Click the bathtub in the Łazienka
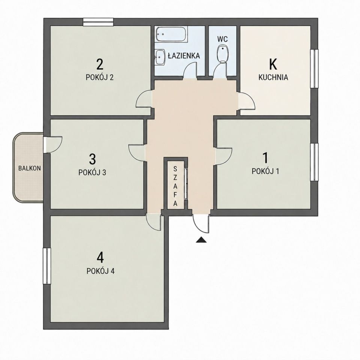[171, 34]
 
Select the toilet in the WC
[222, 54]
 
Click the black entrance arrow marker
[201, 240]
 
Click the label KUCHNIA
[273, 77]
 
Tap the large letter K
[273, 64]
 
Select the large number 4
[100, 258]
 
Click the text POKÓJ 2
[100, 77]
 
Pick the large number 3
[92, 159]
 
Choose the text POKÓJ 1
[265, 171]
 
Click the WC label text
[222, 39]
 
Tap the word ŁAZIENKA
[184, 55]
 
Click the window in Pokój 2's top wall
[98, 22]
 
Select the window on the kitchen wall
[314, 68]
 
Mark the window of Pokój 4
[47, 266]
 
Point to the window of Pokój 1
[314, 162]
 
